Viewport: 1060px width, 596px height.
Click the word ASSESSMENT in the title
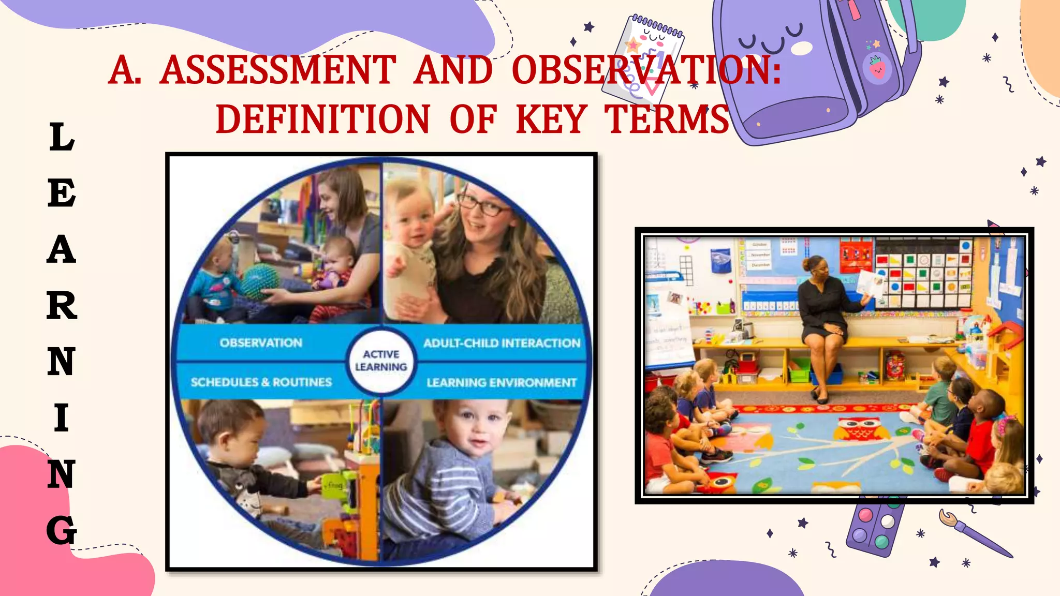pyautogui.click(x=278, y=70)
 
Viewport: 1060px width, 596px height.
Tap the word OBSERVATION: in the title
pyautogui.click(x=646, y=70)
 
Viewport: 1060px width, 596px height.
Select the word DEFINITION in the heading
pyautogui.click(x=322, y=120)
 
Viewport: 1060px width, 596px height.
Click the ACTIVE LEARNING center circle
pyautogui.click(x=381, y=361)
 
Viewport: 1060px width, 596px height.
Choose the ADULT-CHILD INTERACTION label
pyautogui.click(x=502, y=343)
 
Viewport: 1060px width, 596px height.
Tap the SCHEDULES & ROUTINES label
pyautogui.click(x=261, y=382)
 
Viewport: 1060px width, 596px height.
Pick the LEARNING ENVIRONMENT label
pyautogui.click(x=501, y=383)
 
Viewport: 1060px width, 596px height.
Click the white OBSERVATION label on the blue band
pyautogui.click(x=261, y=342)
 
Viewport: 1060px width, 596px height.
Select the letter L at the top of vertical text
pyautogui.click(x=62, y=137)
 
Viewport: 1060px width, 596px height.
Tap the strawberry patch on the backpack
pyautogui.click(x=877, y=67)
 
